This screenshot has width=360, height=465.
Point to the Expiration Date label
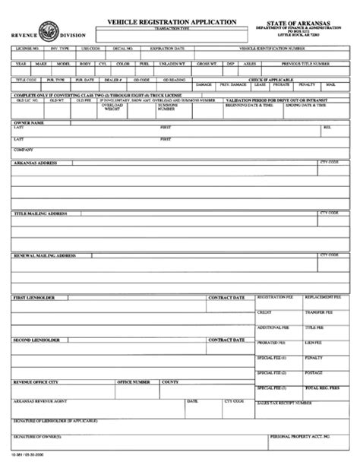coord(168,48)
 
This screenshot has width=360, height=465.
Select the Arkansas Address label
coord(35,162)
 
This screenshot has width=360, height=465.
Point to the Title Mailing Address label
coord(40,214)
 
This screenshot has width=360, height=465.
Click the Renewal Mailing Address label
coord(44,256)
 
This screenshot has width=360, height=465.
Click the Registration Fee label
coord(273,296)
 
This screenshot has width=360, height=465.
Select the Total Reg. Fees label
coord(321,387)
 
